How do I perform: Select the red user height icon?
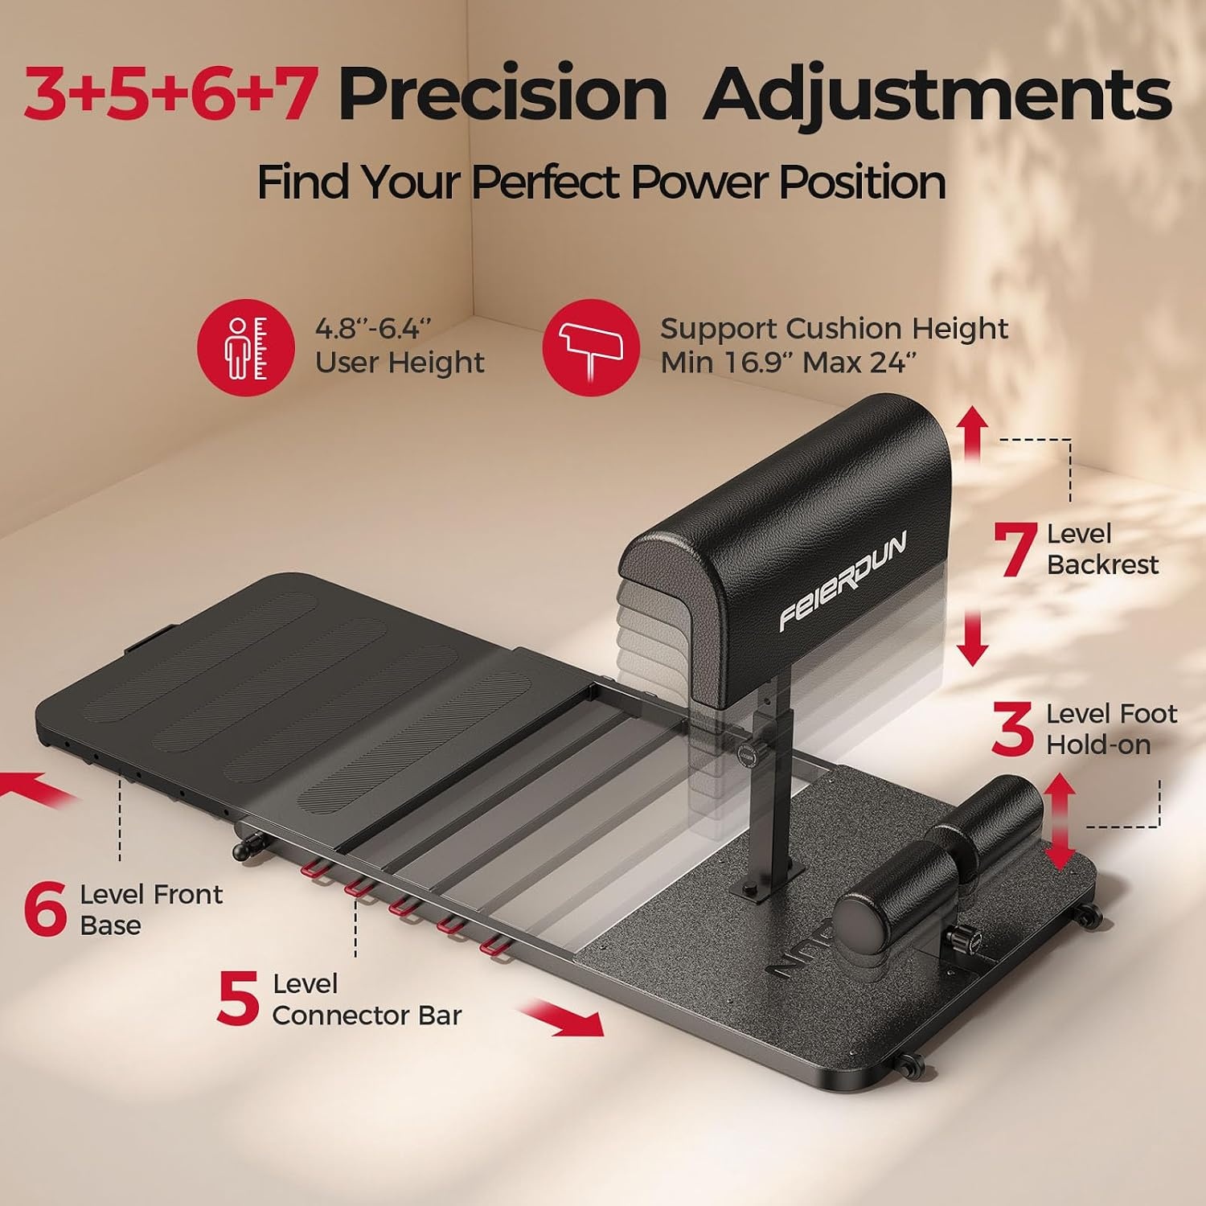[246, 347]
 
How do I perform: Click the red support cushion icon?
[591, 347]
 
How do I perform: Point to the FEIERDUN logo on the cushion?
[843, 580]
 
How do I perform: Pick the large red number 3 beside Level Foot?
[1013, 729]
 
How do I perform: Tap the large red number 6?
[45, 909]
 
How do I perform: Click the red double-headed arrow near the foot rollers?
[1060, 821]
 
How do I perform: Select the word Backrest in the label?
[1102, 565]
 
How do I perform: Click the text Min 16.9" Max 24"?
[788, 363]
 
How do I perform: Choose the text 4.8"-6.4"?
[373, 329]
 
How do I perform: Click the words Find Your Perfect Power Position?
[601, 182]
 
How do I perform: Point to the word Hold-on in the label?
[1098, 745]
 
